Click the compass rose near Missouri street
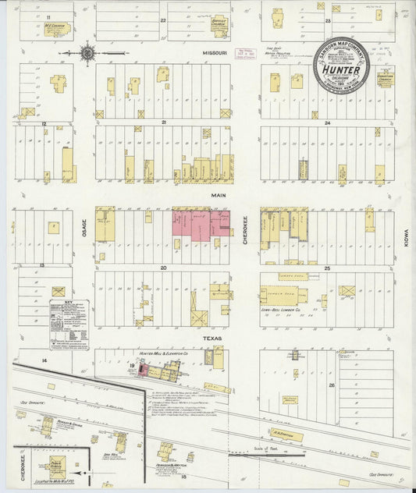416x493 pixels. (87, 54)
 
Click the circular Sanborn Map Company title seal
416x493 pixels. (341, 66)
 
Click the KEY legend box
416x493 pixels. (69, 324)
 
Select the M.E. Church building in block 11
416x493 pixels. (57, 30)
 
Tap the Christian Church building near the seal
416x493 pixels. (384, 79)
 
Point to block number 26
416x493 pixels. (331, 384)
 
